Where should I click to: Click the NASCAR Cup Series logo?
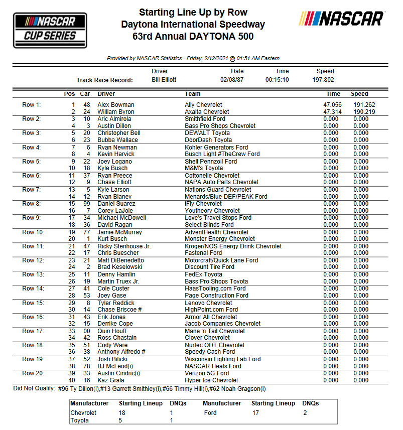(x=46, y=30)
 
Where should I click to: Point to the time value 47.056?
(x=332, y=105)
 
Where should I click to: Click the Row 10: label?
(x=33, y=232)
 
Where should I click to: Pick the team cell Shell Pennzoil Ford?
(x=211, y=162)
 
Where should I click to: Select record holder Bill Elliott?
(x=164, y=80)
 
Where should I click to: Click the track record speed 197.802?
(x=323, y=80)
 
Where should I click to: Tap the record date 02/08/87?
(x=232, y=80)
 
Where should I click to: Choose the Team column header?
(x=193, y=94)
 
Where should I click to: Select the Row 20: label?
(x=33, y=373)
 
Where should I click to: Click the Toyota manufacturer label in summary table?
(x=80, y=420)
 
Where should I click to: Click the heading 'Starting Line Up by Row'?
(x=193, y=12)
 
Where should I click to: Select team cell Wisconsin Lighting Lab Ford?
(x=223, y=359)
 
